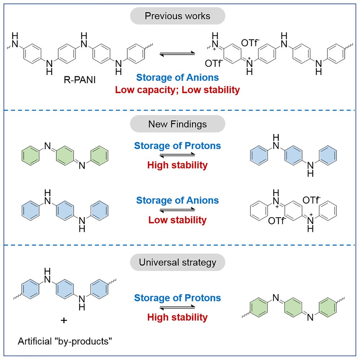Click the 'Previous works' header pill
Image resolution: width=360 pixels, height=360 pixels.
177,16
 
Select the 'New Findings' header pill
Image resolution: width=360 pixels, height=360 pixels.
177,124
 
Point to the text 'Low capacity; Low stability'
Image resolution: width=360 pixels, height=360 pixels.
177,90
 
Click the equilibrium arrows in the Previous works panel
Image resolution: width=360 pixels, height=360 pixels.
177,53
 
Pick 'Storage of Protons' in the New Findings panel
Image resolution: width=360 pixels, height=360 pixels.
177,146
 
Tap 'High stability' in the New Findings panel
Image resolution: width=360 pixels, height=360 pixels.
177,166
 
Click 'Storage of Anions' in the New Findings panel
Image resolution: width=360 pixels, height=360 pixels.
177,200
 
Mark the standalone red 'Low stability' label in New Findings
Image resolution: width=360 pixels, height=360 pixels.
177,220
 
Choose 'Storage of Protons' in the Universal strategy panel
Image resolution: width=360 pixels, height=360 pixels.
177,298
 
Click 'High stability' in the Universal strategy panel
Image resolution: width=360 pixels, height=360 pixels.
177,317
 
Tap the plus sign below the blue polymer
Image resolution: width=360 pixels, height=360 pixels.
64,320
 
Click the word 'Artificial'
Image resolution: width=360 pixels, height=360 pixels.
33,340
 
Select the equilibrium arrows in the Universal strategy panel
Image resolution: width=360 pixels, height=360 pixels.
177,308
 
